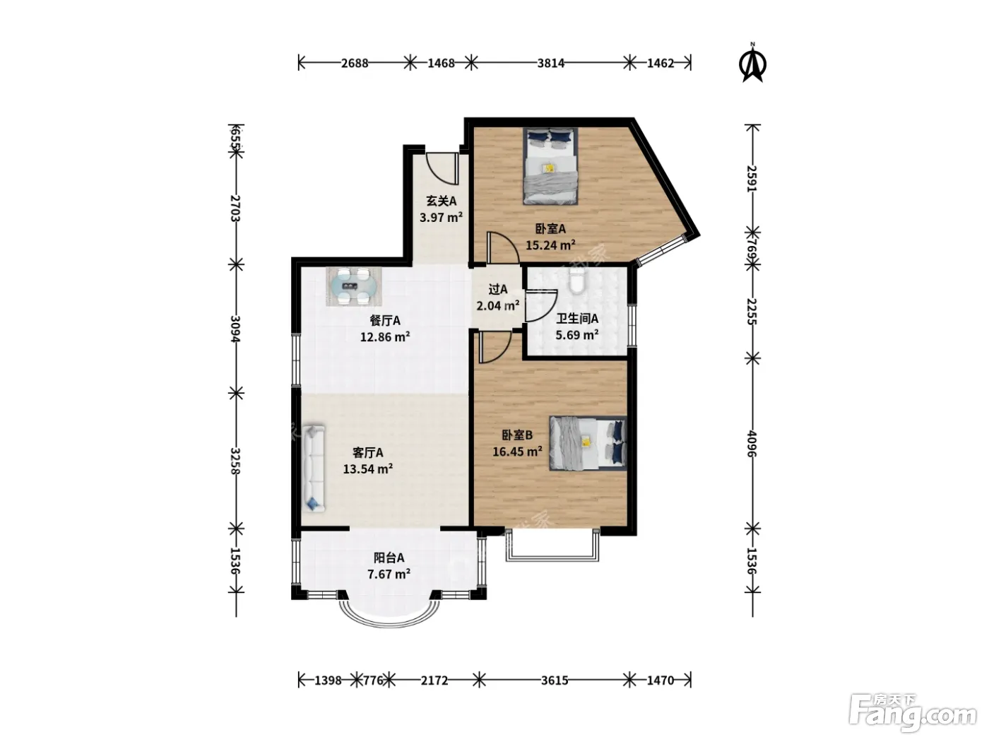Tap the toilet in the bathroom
click(576, 282)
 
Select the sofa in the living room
click(314, 468)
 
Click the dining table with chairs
click(354, 286)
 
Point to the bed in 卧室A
click(550, 166)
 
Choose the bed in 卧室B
click(588, 443)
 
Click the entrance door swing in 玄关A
click(442, 169)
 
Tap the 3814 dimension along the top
click(550, 64)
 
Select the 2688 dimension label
click(355, 64)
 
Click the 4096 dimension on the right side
click(752, 443)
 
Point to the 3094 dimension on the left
click(236, 329)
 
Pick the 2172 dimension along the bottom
click(434, 681)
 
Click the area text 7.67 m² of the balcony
click(389, 575)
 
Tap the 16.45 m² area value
click(517, 452)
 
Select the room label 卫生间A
click(577, 319)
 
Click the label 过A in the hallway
click(498, 289)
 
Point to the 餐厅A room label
click(385, 321)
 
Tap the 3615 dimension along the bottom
click(555, 681)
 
